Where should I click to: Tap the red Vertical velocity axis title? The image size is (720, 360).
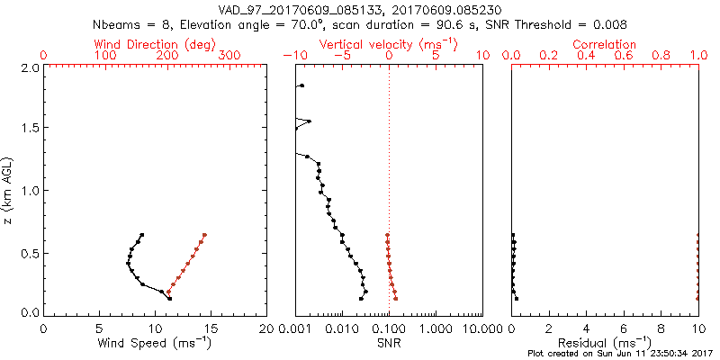tap(389, 44)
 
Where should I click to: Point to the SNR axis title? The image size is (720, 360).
tap(389, 342)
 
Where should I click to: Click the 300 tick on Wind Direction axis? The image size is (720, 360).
tap(229, 57)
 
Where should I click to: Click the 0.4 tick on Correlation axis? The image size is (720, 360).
tap(586, 57)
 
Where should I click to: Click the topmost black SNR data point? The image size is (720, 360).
tap(301, 85)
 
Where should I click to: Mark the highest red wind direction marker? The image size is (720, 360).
tap(205, 235)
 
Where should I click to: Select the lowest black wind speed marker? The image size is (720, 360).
tap(168, 298)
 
